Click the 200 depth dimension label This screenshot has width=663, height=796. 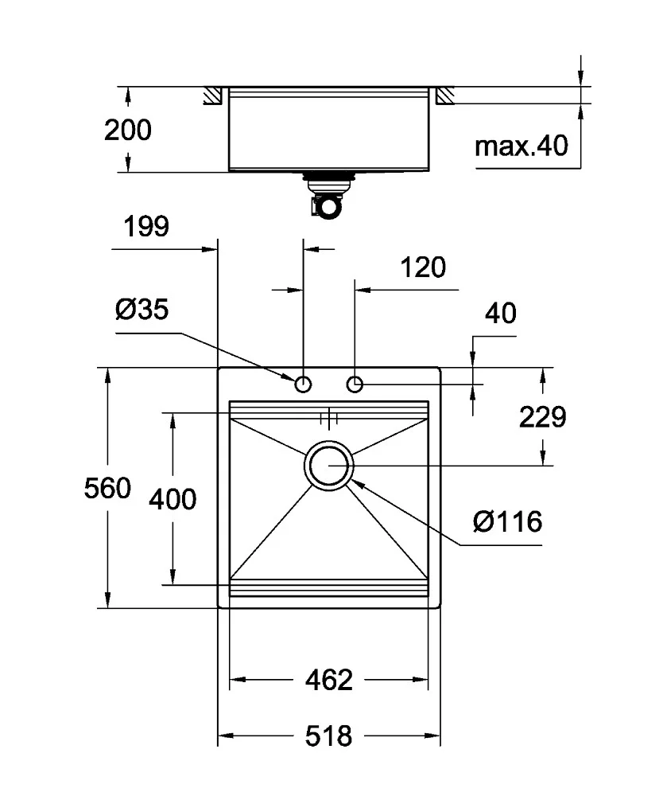(128, 130)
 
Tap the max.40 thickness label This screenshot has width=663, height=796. (521, 146)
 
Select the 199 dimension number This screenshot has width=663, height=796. (146, 226)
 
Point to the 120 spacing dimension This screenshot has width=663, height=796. (423, 267)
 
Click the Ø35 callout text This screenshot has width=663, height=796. (142, 309)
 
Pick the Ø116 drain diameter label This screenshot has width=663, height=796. (507, 521)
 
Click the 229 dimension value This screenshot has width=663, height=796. (542, 417)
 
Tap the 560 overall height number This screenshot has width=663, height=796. (107, 489)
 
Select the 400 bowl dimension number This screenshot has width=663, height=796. (173, 499)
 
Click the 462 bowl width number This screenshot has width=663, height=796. (328, 680)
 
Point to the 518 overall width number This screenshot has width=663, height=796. (328, 736)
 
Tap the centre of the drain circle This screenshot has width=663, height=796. (329, 466)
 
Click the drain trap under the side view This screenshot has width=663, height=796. (328, 196)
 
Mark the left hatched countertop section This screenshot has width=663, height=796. (213, 96)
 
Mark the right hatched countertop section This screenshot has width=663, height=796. (444, 96)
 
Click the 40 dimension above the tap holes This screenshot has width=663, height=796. (501, 313)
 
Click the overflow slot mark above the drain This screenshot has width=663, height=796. (329, 419)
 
